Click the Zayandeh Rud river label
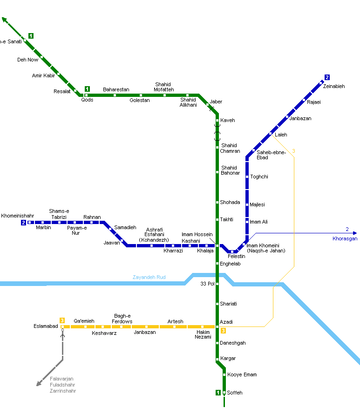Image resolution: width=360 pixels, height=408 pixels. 149,277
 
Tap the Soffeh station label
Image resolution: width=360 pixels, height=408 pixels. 235,393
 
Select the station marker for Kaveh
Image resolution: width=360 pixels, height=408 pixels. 217,120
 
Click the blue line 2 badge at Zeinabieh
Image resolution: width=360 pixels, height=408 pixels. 327,77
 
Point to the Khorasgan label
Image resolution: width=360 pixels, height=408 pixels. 345,238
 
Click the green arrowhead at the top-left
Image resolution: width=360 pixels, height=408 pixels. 4,20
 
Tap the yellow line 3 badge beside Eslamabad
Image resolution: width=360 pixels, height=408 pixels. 62,320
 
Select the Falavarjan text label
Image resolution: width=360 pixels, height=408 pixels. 61,379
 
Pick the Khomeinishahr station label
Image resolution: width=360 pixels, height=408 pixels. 18,216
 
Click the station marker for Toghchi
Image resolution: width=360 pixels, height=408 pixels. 247,177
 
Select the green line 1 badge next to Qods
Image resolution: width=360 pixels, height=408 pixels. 87,88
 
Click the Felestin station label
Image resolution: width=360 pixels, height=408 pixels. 236,257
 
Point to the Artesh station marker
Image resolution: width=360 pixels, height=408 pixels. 175,326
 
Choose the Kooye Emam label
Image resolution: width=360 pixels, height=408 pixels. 242,374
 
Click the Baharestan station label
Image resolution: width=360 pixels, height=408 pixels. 116,89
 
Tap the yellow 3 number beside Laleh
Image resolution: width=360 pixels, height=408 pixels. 293,151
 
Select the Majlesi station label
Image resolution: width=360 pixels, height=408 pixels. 257,204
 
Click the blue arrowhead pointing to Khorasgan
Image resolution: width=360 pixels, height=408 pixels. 355,233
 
